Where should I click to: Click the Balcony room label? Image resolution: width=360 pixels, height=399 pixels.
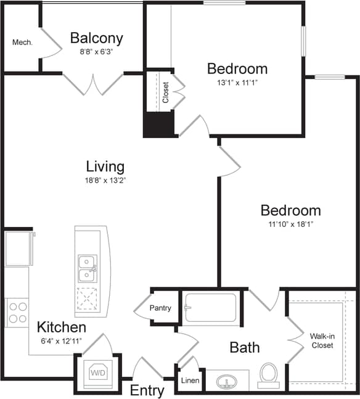click(96, 38)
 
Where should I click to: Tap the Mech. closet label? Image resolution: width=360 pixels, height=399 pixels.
click(22, 43)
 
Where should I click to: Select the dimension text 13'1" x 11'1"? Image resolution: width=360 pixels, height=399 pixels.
click(237, 81)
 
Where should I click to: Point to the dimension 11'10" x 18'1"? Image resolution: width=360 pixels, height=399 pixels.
click(290, 224)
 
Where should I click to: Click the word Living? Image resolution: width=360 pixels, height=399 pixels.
click(105, 167)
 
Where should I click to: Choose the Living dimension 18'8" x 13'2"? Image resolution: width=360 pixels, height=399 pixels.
click(105, 181)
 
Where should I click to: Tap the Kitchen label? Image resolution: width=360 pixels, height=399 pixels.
click(61, 327)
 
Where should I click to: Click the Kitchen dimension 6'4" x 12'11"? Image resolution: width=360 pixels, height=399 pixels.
click(61, 341)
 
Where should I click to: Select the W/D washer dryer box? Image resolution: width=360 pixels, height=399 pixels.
click(97, 372)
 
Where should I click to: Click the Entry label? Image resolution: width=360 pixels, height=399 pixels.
click(147, 390)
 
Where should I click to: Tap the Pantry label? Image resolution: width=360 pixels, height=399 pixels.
click(160, 308)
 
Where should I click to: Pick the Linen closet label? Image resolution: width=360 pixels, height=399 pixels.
click(190, 380)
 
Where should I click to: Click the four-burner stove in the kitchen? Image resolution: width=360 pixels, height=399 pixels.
click(17, 312)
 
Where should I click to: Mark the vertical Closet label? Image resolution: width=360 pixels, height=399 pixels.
click(165, 92)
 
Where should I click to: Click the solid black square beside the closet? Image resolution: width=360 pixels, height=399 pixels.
click(158, 125)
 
